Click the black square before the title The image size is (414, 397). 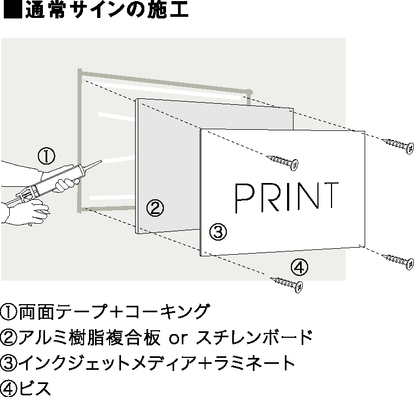pyautogui.click(x=13, y=9)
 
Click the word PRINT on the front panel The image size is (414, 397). pyautogui.click(x=286, y=197)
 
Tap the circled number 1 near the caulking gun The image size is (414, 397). pyautogui.click(x=47, y=156)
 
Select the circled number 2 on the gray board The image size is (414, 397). pyautogui.click(x=155, y=208)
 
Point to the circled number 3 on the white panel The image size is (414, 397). pyautogui.click(x=218, y=232)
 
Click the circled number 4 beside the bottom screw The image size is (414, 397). pyautogui.click(x=300, y=267)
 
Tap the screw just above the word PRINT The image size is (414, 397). pyautogui.click(x=282, y=162)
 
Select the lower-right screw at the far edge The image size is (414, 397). pyautogui.click(x=398, y=262)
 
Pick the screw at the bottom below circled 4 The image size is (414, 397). pyautogui.click(x=286, y=285)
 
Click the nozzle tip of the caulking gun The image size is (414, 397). pyautogui.click(x=100, y=161)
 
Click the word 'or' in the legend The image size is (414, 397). pyautogui.click(x=178, y=338)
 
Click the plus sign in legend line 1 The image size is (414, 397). pyautogui.click(x=117, y=312)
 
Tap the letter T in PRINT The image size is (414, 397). pyautogui.click(x=330, y=196)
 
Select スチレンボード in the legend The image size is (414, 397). pyautogui.click(x=254, y=337)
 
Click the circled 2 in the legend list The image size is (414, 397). pyautogui.click(x=9, y=338)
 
